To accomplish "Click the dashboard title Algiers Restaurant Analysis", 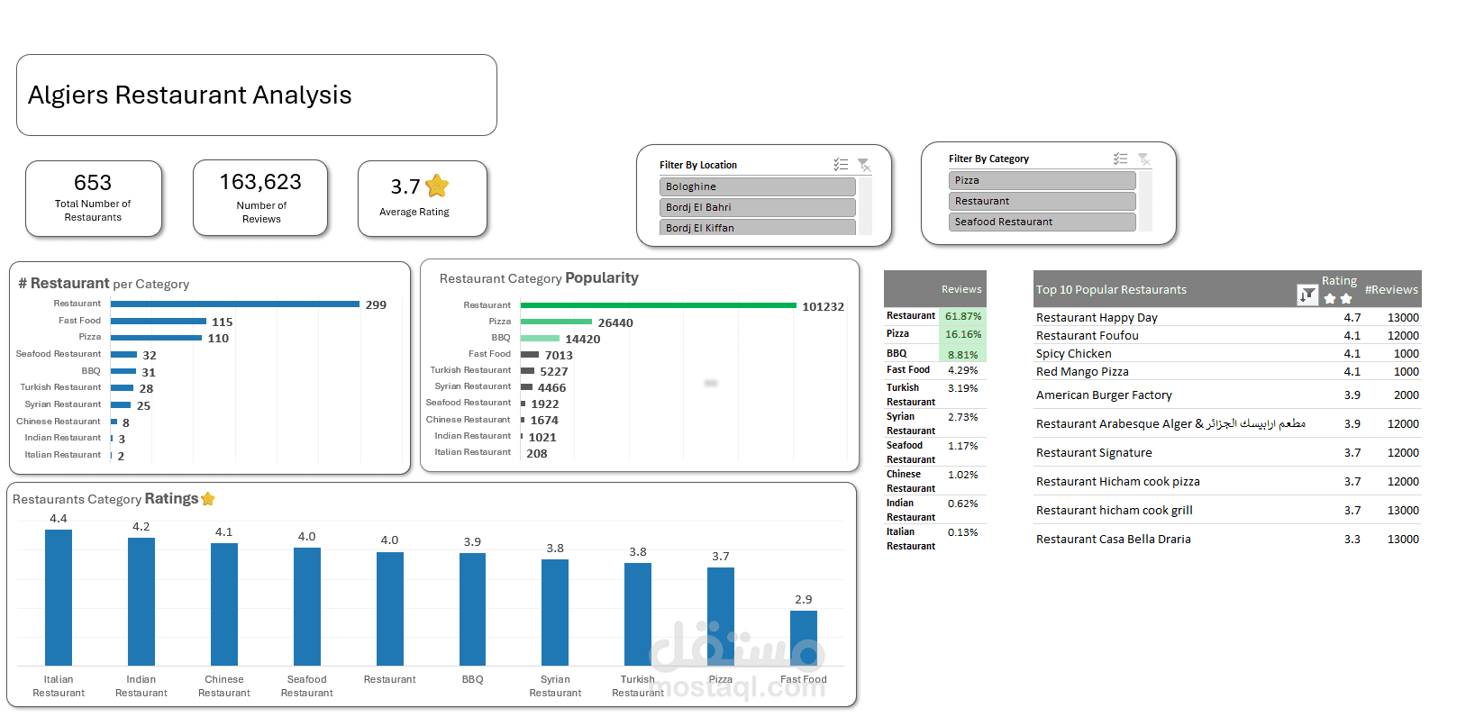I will tap(190, 95).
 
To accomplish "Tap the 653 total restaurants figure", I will tap(93, 183).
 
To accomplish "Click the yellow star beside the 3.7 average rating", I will tap(437, 186).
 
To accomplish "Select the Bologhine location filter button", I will tap(757, 186).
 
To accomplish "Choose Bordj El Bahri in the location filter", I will tap(757, 207).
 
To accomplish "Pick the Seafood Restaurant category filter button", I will tap(1042, 222).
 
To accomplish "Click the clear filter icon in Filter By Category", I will tap(1143, 159).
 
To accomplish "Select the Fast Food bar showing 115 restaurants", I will tap(159, 322).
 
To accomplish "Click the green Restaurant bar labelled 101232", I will tap(658, 305).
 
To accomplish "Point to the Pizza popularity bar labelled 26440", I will tap(556, 322).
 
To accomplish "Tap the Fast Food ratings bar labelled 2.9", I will tap(803, 638).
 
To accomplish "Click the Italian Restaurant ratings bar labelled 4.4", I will tap(59, 597).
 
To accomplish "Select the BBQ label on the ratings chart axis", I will tap(472, 679).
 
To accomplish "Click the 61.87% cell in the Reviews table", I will tap(962, 316).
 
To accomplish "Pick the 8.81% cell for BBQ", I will tap(962, 355).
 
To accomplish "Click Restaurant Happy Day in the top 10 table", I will tap(1097, 318).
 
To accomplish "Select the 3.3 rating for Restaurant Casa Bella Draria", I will tap(1352, 540).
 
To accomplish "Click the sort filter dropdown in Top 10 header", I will tap(1307, 295).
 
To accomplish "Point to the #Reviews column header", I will tap(1390, 290).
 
